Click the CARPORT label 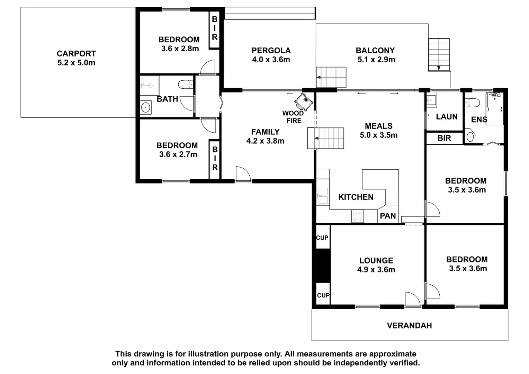pyautogui.click(x=76, y=54)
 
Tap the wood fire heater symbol pyautogui.click(x=304, y=101)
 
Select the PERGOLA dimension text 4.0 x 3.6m pyautogui.click(x=271, y=60)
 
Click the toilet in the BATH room pyautogui.click(x=186, y=84)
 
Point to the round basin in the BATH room pyautogui.click(x=146, y=107)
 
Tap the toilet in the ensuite pyautogui.click(x=473, y=103)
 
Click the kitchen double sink pyautogui.click(x=323, y=196)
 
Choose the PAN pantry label pyautogui.click(x=388, y=216)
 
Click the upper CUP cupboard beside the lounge pyautogui.click(x=322, y=238)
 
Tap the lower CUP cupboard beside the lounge pyautogui.click(x=323, y=295)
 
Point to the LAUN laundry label pyautogui.click(x=447, y=117)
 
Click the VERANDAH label pyautogui.click(x=409, y=326)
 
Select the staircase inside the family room pyautogui.click(x=326, y=138)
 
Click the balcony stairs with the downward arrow pyautogui.click(x=439, y=54)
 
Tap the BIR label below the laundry pyautogui.click(x=444, y=138)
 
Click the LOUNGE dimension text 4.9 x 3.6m pyautogui.click(x=376, y=270)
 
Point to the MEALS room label pyautogui.click(x=378, y=126)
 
